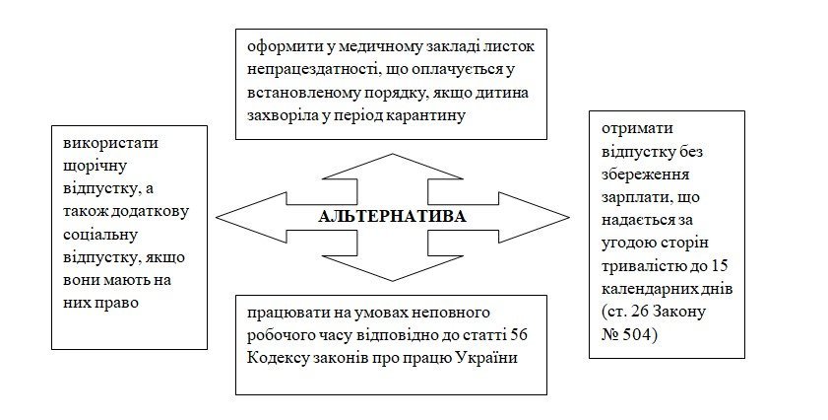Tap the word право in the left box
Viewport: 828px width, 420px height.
coord(116,302)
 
